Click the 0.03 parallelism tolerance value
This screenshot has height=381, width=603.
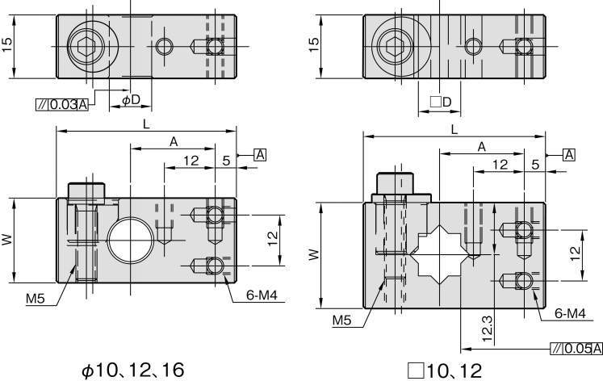click(x=64, y=104)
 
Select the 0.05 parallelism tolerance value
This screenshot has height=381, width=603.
click(x=578, y=349)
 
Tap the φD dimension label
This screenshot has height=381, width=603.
click(x=131, y=100)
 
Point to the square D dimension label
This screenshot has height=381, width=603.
click(x=440, y=102)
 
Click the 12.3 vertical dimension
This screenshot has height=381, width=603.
click(x=487, y=329)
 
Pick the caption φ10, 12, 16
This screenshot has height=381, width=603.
click(x=133, y=371)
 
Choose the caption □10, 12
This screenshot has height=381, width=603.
click(x=445, y=371)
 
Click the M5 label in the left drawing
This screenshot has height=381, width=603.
click(x=36, y=299)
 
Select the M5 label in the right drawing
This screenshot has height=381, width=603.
click(x=342, y=320)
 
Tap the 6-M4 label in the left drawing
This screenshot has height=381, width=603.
click(x=262, y=295)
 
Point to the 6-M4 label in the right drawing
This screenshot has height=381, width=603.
click(x=570, y=313)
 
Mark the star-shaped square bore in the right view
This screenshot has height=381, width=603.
click(x=440, y=254)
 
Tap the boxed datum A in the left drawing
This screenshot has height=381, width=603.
click(x=261, y=155)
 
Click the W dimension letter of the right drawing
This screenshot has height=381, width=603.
click(x=314, y=254)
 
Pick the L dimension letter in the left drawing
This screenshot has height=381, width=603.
click(x=146, y=124)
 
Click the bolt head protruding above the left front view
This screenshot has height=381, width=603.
click(x=86, y=194)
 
